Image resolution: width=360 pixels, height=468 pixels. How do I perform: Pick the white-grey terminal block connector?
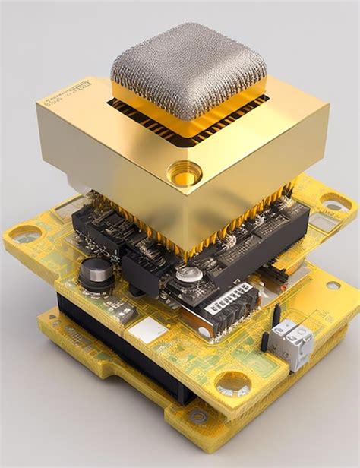coord(293,342)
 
